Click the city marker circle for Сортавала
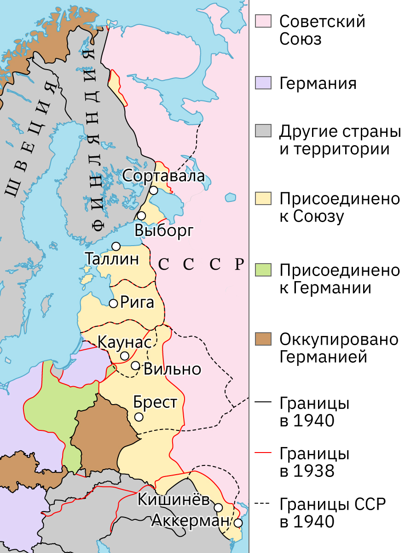[154, 190]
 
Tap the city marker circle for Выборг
[141, 216]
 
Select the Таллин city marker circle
[116, 246]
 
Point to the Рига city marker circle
[113, 303]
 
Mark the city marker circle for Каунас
[124, 356]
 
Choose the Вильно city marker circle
[135, 365]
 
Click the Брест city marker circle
[139, 417]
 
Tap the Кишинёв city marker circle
[219, 507]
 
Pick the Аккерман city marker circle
[238, 523]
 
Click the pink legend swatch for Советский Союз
[264, 21]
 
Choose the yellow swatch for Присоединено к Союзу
[264, 199]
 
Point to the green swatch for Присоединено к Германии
[264, 270]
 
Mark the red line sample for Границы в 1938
[264, 454]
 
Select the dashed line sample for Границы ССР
[264, 505]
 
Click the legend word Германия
[318, 83]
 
